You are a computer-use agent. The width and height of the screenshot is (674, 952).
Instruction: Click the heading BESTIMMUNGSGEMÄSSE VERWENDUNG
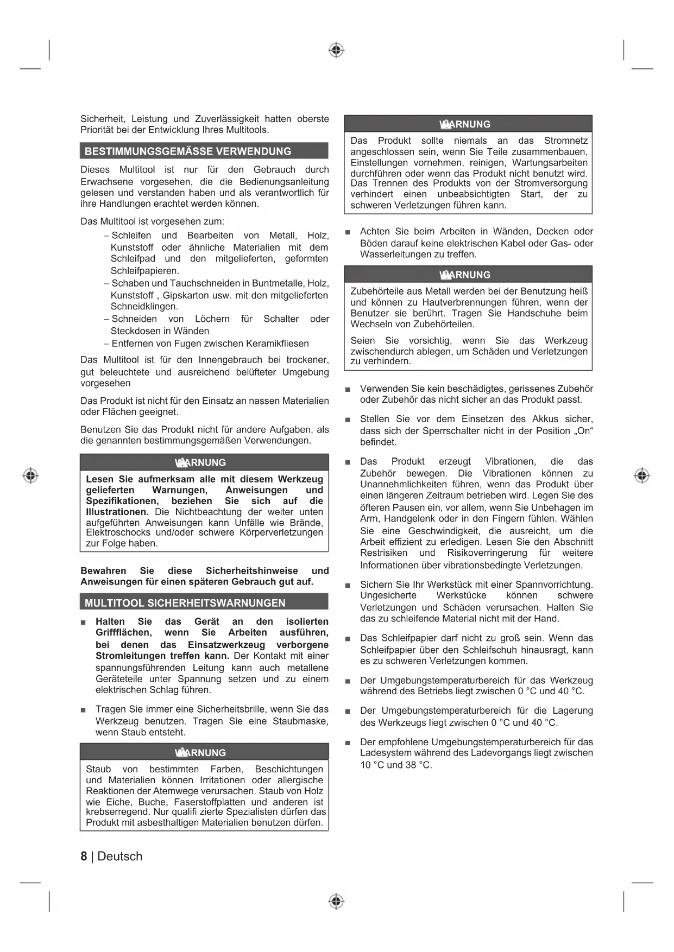click(188, 151)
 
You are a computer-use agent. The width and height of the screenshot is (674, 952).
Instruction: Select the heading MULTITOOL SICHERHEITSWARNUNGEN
click(185, 603)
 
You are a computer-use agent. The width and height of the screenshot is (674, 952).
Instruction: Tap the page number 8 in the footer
click(84, 856)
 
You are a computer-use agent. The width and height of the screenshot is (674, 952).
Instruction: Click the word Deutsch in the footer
click(120, 856)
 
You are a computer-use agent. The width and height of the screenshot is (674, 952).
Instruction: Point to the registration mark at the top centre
click(336, 50)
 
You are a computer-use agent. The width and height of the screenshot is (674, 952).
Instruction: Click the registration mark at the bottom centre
click(336, 901)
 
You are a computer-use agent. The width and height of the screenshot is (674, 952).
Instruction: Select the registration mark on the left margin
click(30, 475)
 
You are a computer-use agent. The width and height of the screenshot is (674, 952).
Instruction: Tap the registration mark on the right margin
click(641, 475)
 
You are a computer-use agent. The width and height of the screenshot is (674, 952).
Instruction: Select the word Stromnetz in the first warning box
click(565, 141)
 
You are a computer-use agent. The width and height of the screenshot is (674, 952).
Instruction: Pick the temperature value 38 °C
click(418, 765)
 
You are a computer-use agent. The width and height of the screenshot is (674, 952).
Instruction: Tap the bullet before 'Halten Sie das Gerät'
click(83, 622)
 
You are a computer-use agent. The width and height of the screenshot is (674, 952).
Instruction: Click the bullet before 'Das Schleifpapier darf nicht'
click(348, 639)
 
